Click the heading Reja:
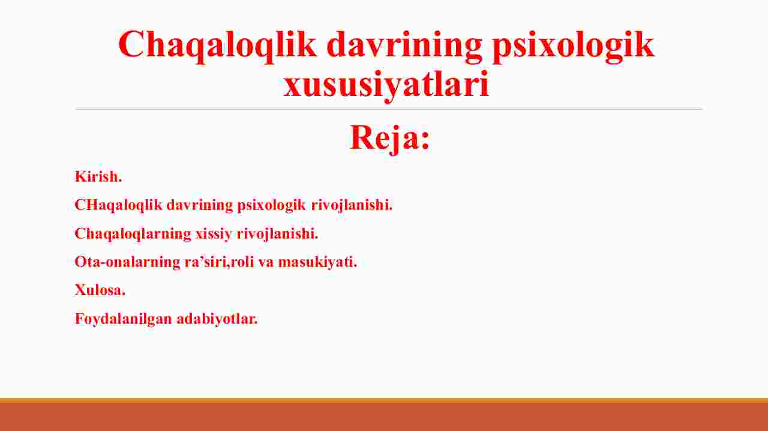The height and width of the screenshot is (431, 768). pos(390,138)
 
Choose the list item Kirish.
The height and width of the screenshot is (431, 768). pos(98,177)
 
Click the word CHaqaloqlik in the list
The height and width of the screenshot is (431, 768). pos(118,205)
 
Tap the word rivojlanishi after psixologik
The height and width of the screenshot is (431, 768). pos(352,205)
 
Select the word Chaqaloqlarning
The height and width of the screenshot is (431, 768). pos(133,234)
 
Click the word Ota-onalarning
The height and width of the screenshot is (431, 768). pos(127,262)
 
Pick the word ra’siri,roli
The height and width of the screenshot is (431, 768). pos(220,262)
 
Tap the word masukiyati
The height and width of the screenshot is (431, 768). pos(317,263)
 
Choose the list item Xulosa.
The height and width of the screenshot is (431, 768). pos(100,290)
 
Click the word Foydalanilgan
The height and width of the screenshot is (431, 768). pos(124,320)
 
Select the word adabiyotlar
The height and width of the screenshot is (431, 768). pos(217,319)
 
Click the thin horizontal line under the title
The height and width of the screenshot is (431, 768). pos(389,109)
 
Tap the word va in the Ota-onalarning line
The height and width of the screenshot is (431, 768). pos(266,263)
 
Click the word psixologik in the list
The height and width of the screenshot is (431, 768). pos(271,206)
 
